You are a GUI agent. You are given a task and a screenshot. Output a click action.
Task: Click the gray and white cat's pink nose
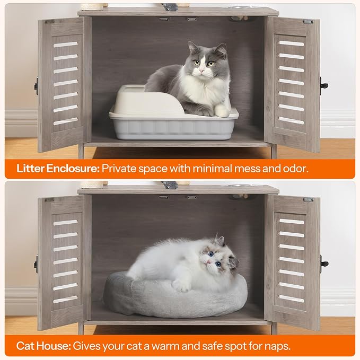pyautogui.click(x=201, y=71)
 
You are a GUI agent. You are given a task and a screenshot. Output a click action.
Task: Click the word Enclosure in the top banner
pyautogui.click(x=73, y=169)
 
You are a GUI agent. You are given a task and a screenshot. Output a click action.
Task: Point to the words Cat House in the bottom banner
pyautogui.click(x=43, y=346)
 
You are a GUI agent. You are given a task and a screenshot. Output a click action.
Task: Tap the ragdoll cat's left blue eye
pyautogui.click(x=211, y=254)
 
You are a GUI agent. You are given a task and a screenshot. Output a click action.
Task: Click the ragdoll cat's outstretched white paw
pyautogui.click(x=181, y=286)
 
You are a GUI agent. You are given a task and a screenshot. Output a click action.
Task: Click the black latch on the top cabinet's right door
pyautogui.click(x=324, y=85)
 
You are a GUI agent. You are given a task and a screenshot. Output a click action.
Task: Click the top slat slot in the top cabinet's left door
pyautogui.click(x=66, y=45)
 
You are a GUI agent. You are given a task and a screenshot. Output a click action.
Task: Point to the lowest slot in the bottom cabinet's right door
pyautogui.click(x=292, y=298)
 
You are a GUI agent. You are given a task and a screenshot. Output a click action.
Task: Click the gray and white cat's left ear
pyautogui.click(x=192, y=47)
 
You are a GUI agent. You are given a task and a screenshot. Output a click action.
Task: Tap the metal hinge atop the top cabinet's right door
pyautogui.click(x=308, y=22)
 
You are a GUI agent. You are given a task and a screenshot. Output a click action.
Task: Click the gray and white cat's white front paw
pyautogui.click(x=222, y=111)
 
